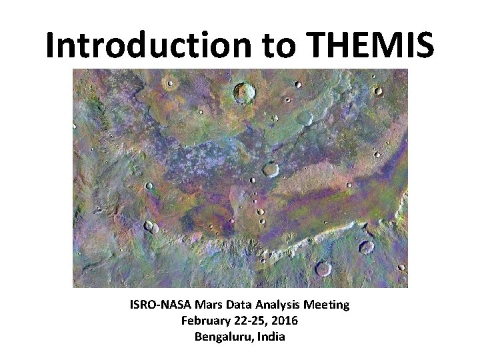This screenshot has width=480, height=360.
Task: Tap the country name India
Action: pos(270,337)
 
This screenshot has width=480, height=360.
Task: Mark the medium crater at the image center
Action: pos(270,169)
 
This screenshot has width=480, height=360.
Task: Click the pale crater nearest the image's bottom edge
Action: pos(323,269)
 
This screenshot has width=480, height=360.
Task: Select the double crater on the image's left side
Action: pos(151,227)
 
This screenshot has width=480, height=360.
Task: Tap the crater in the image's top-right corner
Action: pos(377,91)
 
